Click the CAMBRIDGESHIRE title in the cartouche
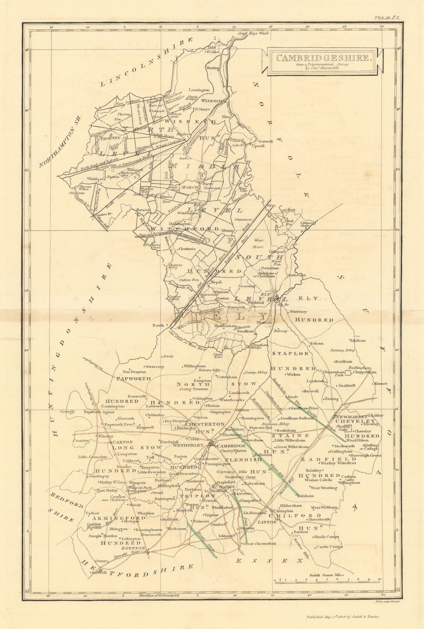322,58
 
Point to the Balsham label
305,496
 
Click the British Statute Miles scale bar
326,580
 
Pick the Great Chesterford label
259,544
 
